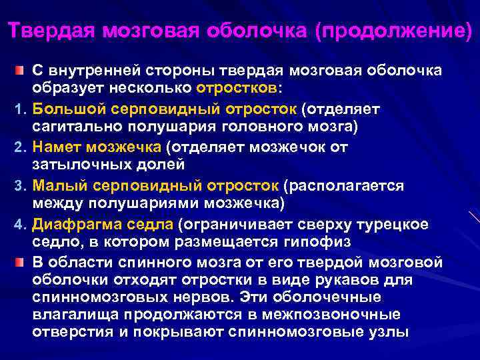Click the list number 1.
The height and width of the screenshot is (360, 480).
click(x=20, y=108)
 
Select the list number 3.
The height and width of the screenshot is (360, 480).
click(x=20, y=183)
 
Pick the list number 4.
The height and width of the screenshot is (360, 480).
click(x=20, y=222)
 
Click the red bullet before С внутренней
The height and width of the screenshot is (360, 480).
click(x=21, y=69)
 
